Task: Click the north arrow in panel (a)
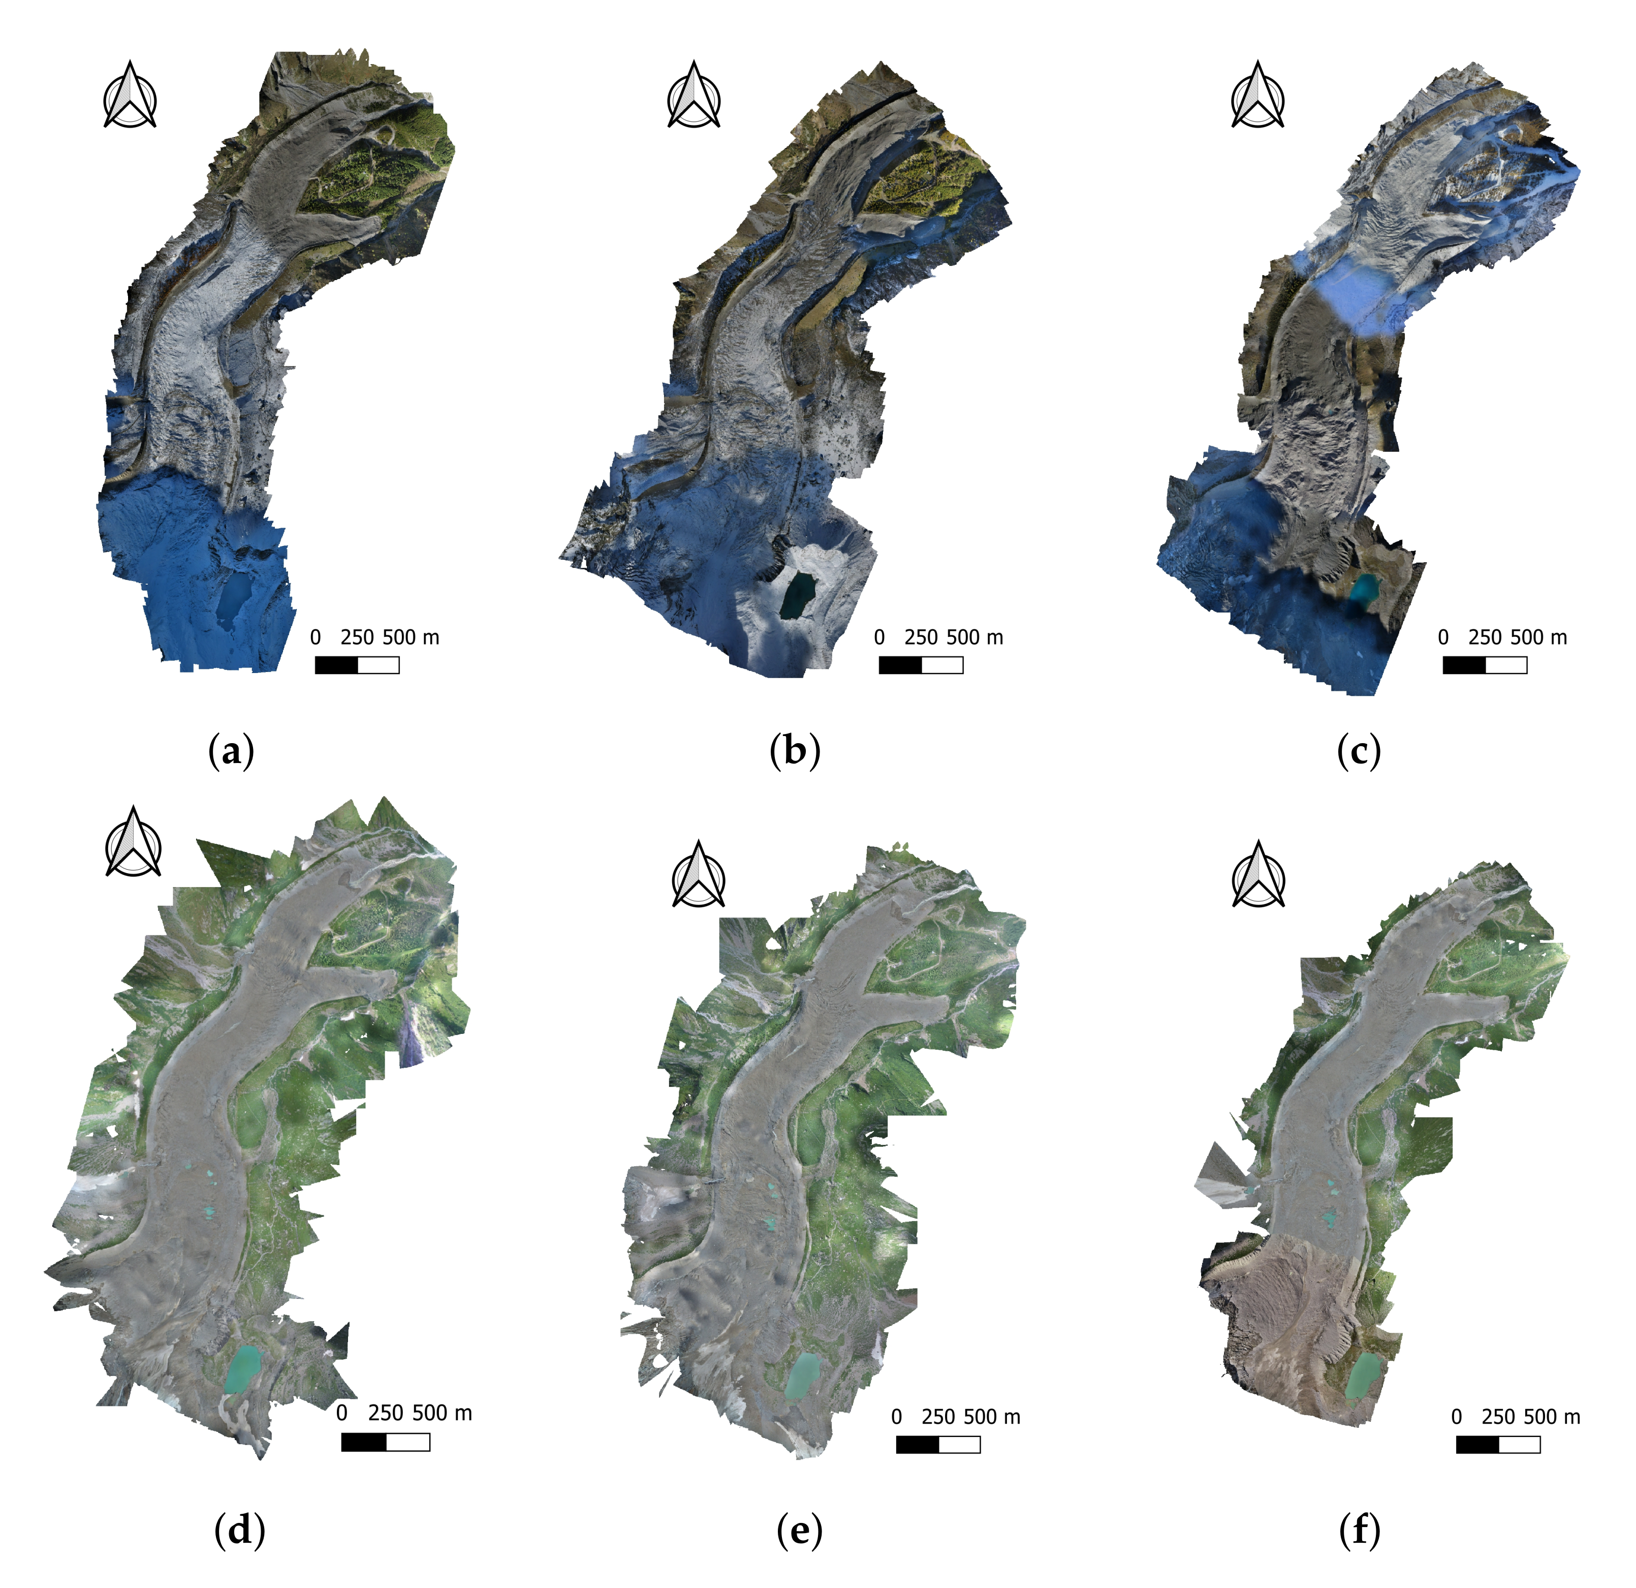(130, 96)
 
